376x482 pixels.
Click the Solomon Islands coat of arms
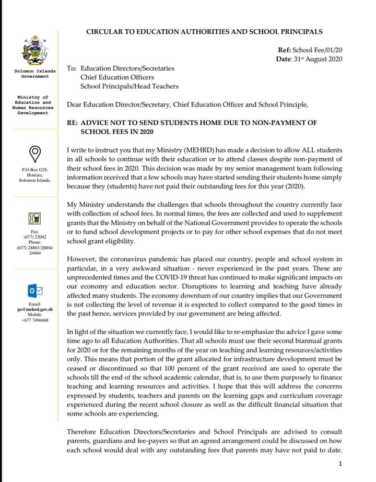coord(35,51)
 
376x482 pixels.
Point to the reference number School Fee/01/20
coord(316,50)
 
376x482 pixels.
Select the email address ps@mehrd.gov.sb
coord(35,310)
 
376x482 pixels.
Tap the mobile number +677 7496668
coord(35,320)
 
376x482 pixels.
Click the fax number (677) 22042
coord(35,237)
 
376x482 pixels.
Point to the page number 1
coord(340,464)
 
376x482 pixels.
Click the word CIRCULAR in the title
coord(105,32)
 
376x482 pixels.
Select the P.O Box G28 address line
coord(35,170)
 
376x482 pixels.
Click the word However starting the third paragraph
coord(81,259)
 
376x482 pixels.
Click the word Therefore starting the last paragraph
coord(84,432)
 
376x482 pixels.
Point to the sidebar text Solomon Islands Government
coord(35,74)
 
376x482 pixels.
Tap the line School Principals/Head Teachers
coord(129,87)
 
